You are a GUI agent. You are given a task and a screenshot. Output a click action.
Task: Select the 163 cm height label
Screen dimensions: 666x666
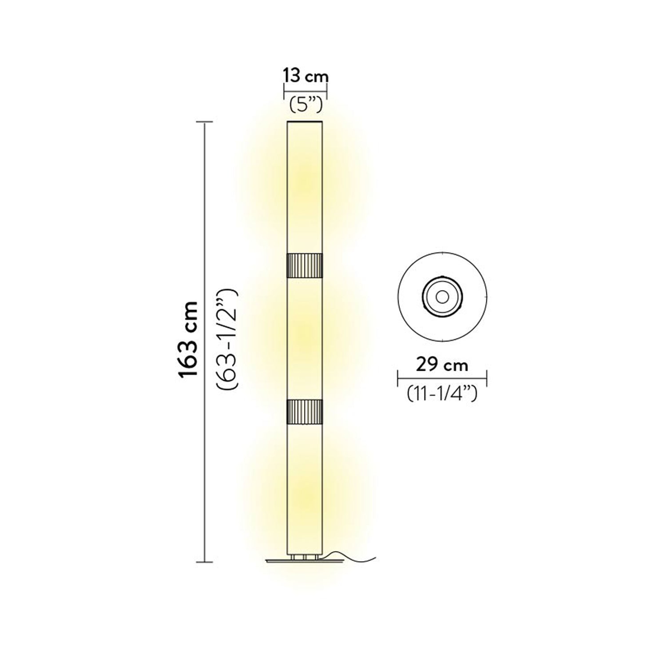point(188,340)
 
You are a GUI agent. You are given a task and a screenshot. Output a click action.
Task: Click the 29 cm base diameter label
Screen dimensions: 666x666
point(442,365)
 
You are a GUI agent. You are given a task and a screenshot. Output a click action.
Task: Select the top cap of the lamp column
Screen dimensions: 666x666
point(305,122)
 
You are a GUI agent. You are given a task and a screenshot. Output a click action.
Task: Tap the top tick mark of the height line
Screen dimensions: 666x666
point(204,122)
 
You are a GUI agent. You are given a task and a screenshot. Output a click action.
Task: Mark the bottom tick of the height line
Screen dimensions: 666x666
point(204,562)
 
